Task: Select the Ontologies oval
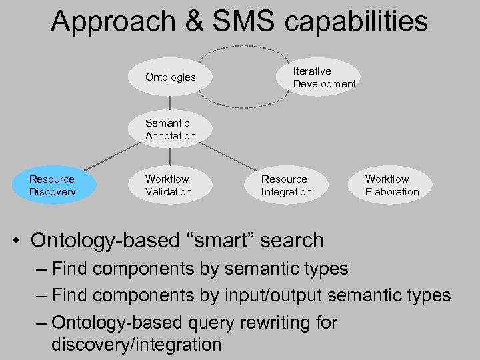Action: coord(171,77)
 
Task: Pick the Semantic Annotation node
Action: coord(171,129)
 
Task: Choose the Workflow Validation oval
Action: coord(169,186)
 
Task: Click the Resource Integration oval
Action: coord(287,186)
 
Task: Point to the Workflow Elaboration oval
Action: coord(392,186)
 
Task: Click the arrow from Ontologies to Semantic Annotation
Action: coord(171,103)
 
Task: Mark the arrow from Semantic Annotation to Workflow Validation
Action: coord(171,155)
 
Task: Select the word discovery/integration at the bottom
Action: coord(136,345)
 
